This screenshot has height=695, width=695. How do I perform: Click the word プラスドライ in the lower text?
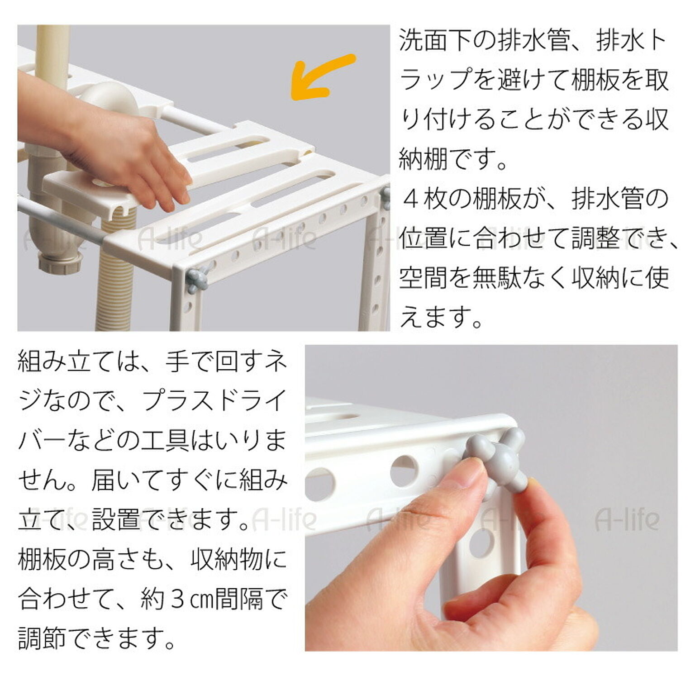pyautogui.click(x=214, y=400)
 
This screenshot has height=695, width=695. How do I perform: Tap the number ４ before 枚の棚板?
pyautogui.click(x=411, y=200)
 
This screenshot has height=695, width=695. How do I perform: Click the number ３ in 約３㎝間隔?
pyautogui.click(x=176, y=599)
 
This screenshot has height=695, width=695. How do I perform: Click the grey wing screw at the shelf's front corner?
pyautogui.click(x=197, y=279)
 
